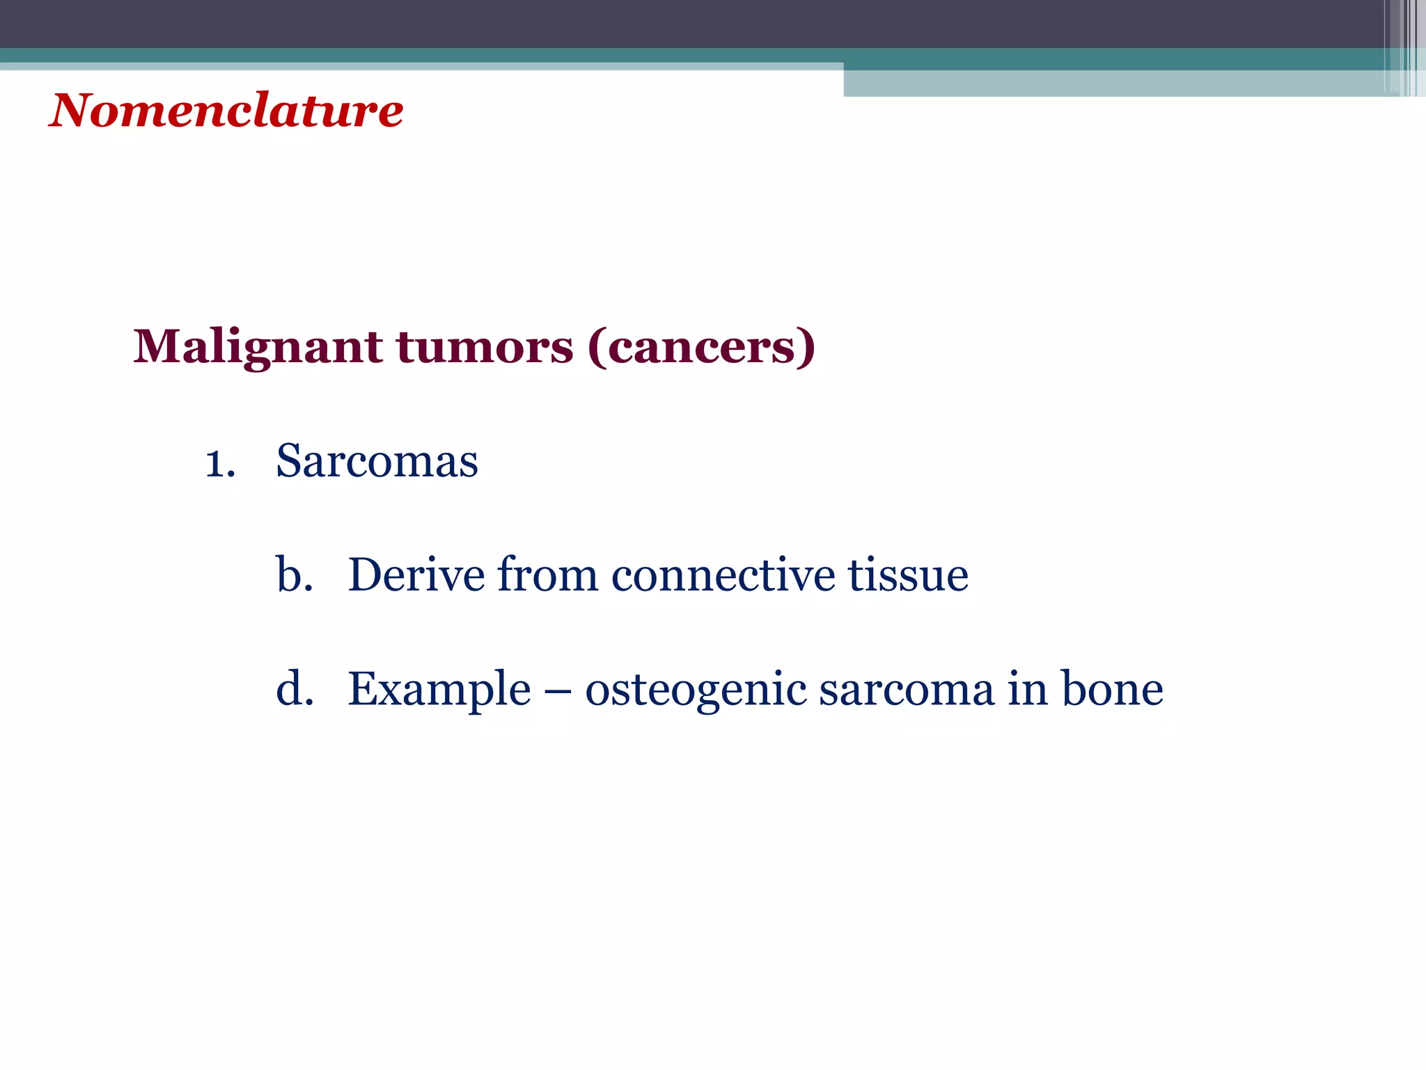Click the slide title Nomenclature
point(226,111)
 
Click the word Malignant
point(257,347)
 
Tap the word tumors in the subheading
point(485,347)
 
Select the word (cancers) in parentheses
point(701,347)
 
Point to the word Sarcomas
point(377,461)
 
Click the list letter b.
point(293,575)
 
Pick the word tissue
point(907,575)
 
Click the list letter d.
point(293,690)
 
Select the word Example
point(439,690)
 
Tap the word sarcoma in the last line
point(906,690)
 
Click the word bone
point(1111,690)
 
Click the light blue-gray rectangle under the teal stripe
point(1114,83)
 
